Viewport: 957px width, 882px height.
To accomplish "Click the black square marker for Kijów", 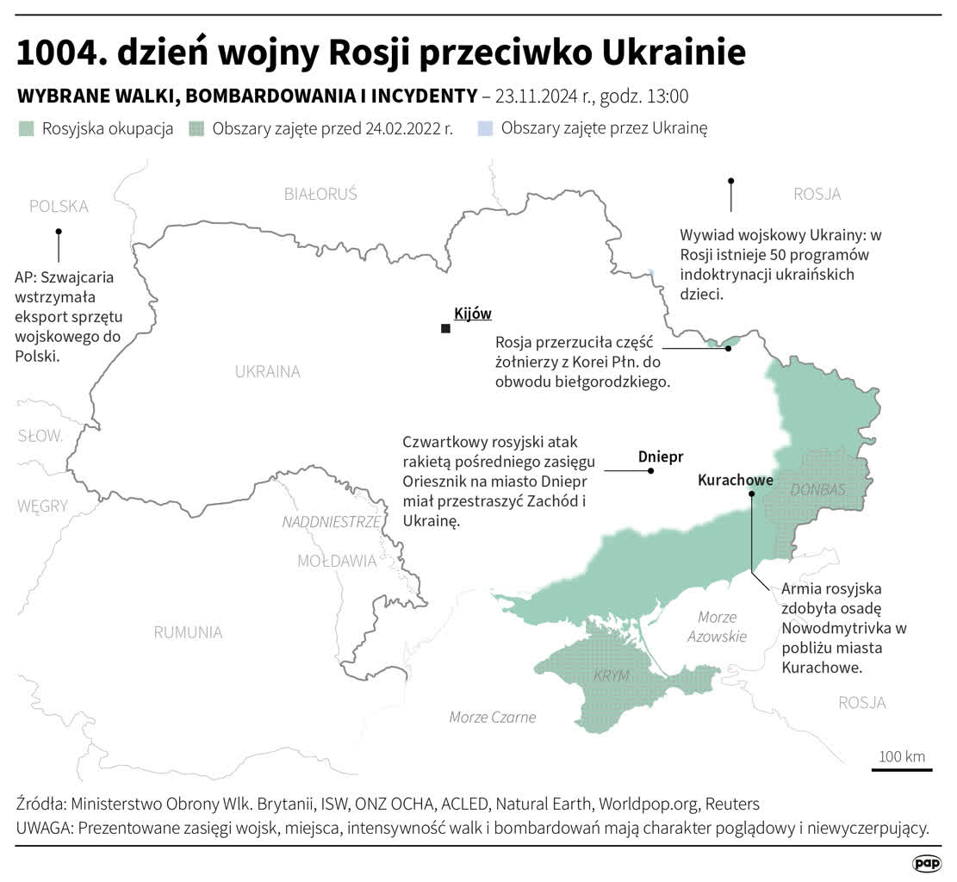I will coord(445,329).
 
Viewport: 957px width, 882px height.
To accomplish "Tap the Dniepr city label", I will coord(661,457).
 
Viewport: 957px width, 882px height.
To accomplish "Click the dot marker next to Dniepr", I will coord(651,471).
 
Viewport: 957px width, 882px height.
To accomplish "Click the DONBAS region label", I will coord(817,489).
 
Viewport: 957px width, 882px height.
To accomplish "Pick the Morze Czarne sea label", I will coord(493,717).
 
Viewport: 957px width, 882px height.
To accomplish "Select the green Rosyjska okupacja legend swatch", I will coord(28,129).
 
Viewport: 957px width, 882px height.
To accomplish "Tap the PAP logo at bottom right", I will coord(926,863).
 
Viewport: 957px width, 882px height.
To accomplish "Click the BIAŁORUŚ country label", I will coord(320,194).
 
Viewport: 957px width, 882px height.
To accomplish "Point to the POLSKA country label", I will coord(59,207).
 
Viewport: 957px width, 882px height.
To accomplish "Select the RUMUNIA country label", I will coord(188,632).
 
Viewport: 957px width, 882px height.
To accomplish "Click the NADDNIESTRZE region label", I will coord(331,522).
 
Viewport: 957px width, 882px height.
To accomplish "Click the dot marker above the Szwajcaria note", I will coord(59,232).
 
